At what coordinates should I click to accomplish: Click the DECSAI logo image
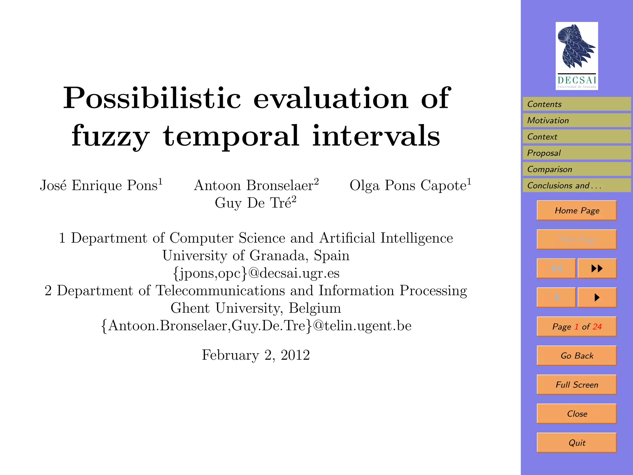576,56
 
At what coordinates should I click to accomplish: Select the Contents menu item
576,104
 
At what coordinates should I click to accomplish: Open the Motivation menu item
576,120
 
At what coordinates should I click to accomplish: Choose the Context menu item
576,137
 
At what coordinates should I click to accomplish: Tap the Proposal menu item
576,153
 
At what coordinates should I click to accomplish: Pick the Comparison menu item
576,169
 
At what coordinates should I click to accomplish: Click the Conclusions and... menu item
576,185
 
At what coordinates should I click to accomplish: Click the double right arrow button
597,268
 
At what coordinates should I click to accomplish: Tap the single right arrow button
597,297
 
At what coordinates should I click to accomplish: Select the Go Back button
577,356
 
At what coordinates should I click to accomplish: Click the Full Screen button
577,385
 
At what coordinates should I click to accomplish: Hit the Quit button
577,443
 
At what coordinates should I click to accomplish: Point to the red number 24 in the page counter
597,327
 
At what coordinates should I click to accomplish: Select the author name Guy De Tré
255,203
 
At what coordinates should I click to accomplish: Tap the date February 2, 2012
256,355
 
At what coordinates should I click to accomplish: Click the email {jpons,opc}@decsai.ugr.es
256,273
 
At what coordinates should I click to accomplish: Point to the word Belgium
315,308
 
